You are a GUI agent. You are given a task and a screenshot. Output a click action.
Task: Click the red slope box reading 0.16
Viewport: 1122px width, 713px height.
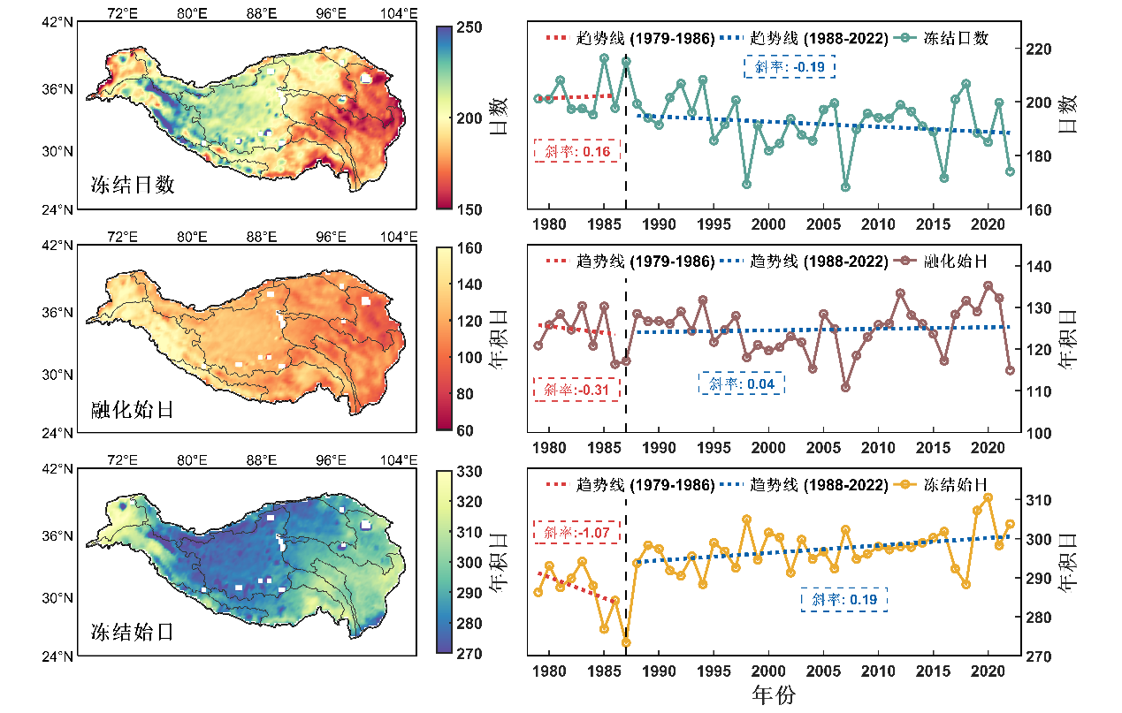[577, 150]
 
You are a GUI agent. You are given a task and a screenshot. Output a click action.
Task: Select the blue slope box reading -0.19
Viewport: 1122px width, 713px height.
[790, 66]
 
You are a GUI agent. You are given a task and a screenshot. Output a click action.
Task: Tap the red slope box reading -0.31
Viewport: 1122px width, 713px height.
[577, 389]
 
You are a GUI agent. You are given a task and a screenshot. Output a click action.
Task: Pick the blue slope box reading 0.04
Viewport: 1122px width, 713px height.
[742, 383]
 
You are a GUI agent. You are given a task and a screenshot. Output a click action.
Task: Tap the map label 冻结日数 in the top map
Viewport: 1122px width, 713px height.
[133, 186]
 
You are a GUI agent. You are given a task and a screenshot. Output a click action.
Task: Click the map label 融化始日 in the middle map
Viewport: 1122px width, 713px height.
[133, 409]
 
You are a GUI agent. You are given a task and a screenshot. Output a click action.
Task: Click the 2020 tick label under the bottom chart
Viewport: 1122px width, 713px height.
[987, 671]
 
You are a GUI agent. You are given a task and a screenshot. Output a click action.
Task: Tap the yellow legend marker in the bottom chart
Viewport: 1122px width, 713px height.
[904, 485]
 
